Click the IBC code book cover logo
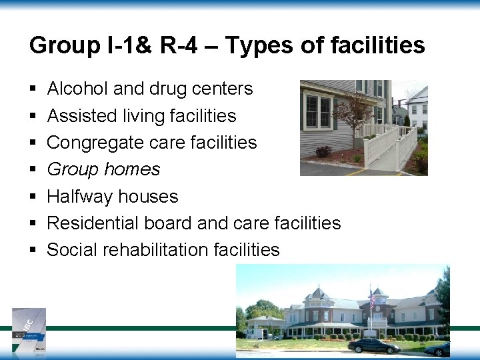(29, 329)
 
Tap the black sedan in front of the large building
(374, 345)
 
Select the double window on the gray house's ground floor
(318, 111)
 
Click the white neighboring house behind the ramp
(417, 110)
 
